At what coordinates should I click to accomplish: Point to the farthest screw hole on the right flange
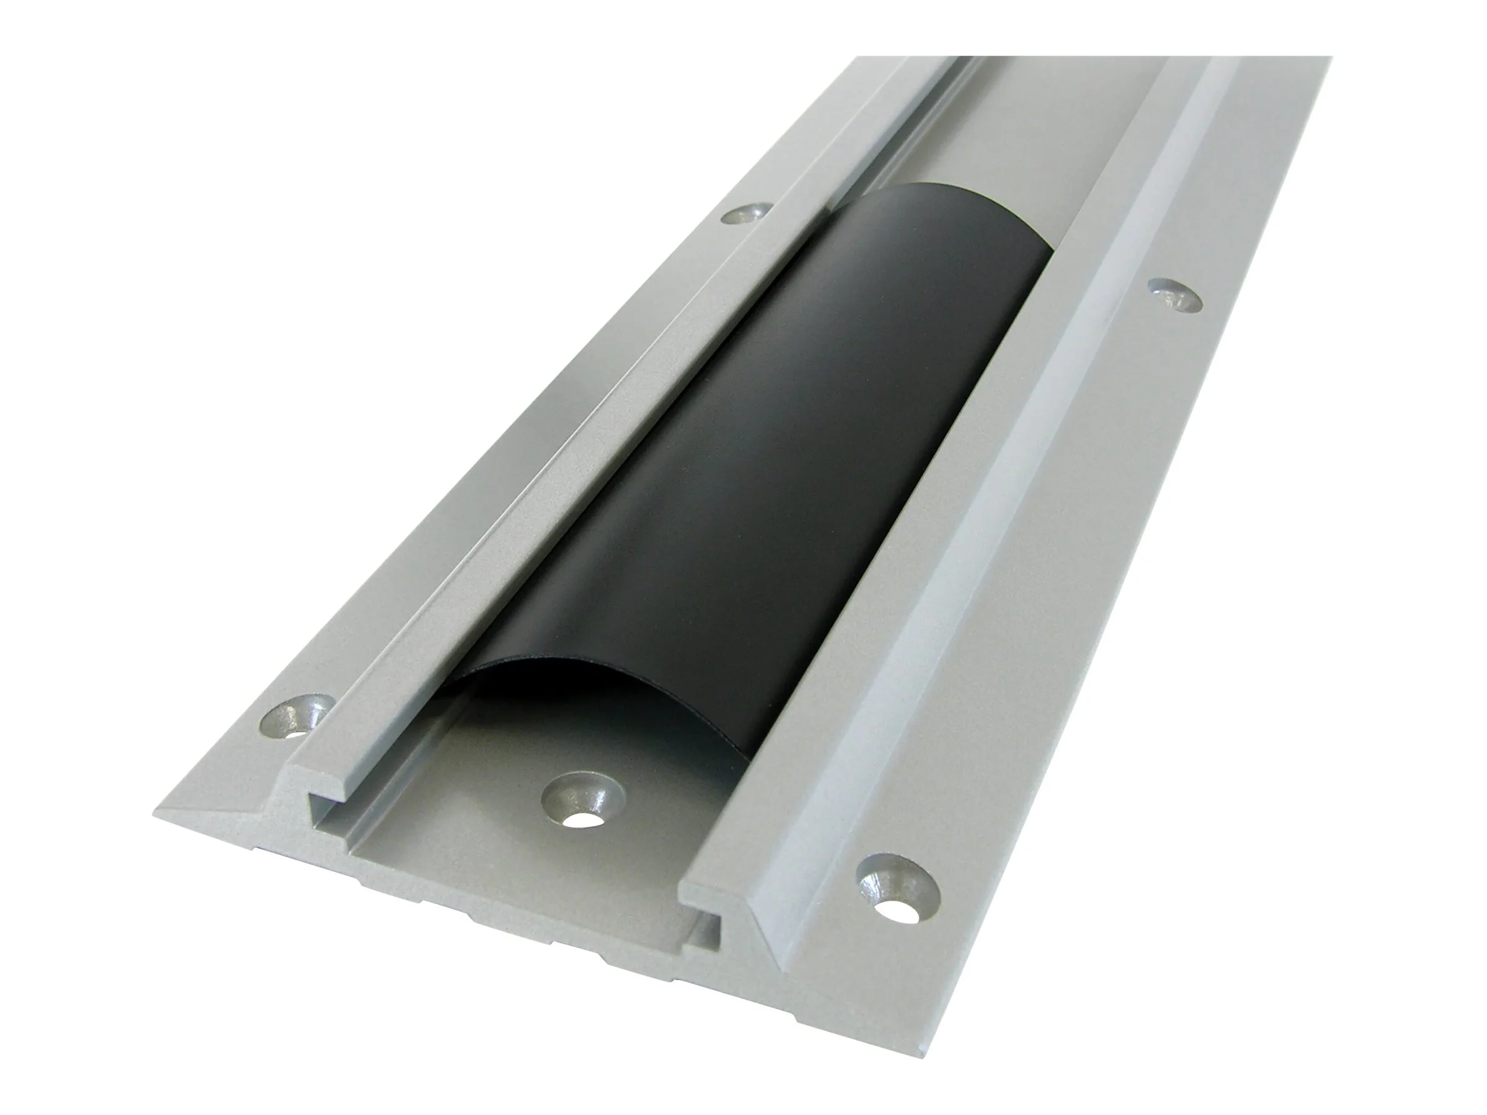coord(1173,295)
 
